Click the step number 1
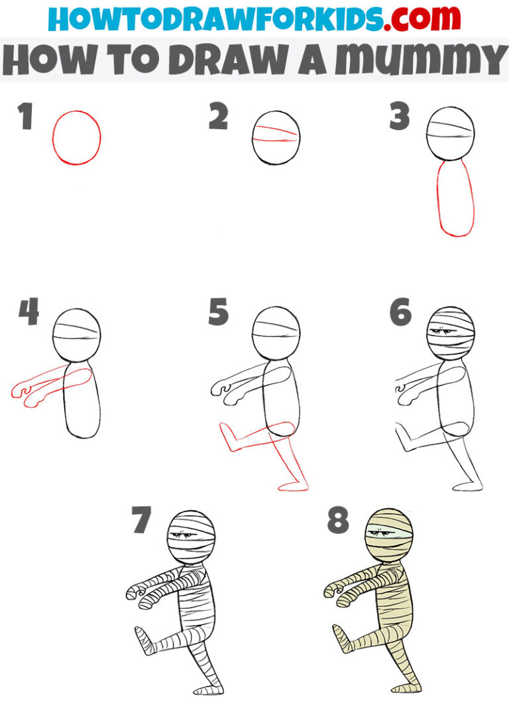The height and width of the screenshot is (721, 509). (x=26, y=118)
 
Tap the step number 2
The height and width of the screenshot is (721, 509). (x=218, y=118)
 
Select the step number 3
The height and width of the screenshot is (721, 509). (x=400, y=117)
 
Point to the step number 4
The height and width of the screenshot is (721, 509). (x=28, y=312)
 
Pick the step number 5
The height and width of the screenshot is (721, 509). (x=218, y=312)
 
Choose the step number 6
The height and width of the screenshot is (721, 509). (x=400, y=312)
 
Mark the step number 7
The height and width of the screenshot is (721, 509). (x=141, y=521)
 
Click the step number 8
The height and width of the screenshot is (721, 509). (x=337, y=521)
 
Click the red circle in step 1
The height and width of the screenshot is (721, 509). (x=77, y=138)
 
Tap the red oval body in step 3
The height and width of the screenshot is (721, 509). (x=456, y=199)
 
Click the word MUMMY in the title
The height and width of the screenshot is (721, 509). (x=422, y=60)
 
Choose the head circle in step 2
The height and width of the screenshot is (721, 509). (x=276, y=138)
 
